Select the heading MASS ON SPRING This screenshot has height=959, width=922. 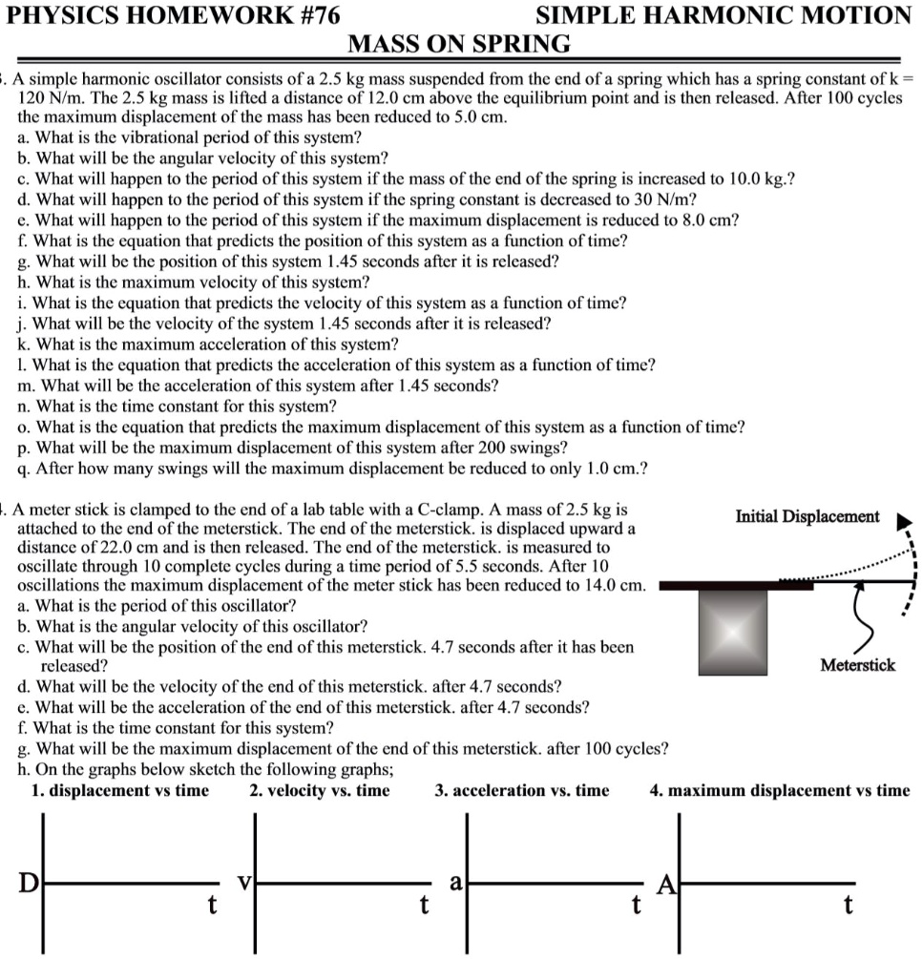pyautogui.click(x=459, y=44)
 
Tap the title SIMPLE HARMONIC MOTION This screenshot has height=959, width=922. pyautogui.click(x=723, y=14)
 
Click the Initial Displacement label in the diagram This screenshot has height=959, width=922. pyautogui.click(x=807, y=516)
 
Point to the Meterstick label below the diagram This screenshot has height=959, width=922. pyautogui.click(x=858, y=665)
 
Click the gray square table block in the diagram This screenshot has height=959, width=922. pyautogui.click(x=733, y=623)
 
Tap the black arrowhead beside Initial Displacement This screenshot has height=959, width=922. pyautogui.click(x=904, y=522)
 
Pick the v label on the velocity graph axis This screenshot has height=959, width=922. pyautogui.click(x=245, y=882)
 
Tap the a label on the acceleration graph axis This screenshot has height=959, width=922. pyautogui.click(x=456, y=883)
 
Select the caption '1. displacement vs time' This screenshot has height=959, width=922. pyautogui.click(x=119, y=790)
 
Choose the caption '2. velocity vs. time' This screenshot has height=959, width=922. pyautogui.click(x=319, y=790)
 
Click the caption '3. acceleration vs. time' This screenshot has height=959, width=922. pyautogui.click(x=521, y=790)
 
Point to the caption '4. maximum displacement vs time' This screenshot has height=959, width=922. pyautogui.click(x=779, y=790)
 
